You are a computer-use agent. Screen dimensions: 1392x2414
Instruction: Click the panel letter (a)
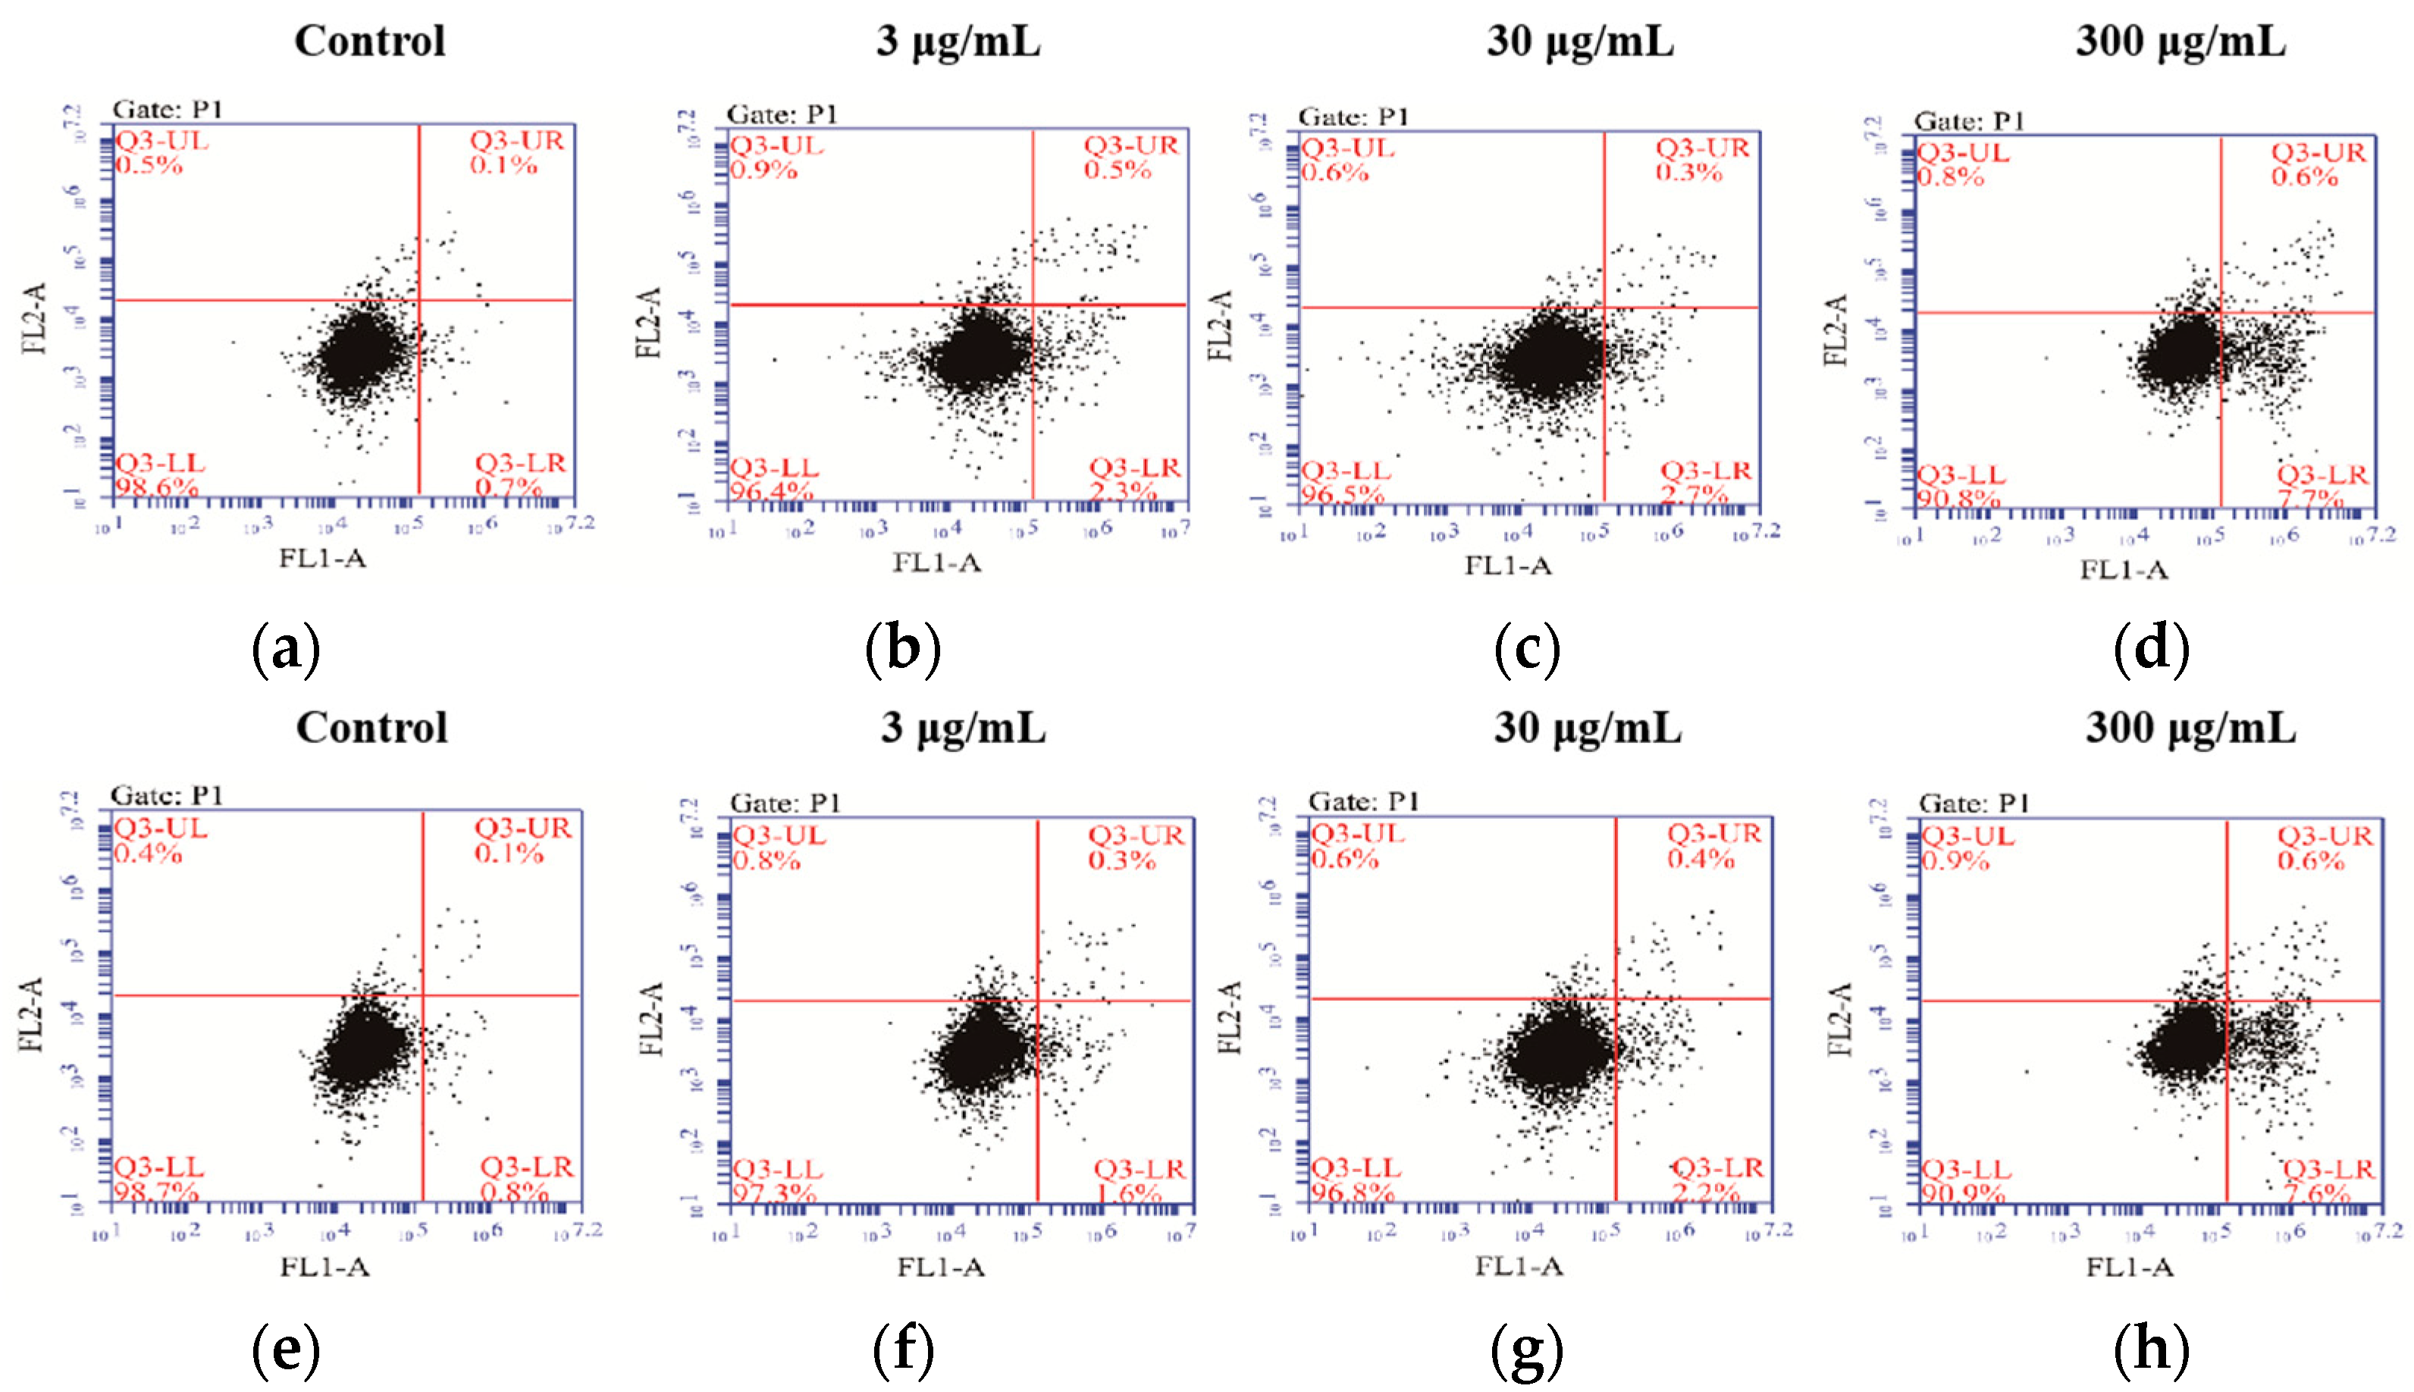[285, 649]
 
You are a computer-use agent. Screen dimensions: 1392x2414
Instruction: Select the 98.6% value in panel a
[157, 488]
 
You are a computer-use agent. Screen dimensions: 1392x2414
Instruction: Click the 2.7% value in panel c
[1693, 495]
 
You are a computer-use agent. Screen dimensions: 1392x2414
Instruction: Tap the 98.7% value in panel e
[157, 1192]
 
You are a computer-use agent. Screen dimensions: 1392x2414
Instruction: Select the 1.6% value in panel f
[1128, 1194]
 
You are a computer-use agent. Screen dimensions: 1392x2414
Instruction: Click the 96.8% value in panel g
[1353, 1192]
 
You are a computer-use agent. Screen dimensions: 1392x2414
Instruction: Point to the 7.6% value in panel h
[2316, 1193]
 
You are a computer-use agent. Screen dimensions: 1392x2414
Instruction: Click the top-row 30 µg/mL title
[1579, 41]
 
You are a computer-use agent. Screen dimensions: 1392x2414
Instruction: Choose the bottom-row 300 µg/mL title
[2190, 728]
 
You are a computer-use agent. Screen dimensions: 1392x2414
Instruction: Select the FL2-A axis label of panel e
[32, 1014]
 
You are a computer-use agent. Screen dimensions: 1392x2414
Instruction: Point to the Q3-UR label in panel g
[1714, 834]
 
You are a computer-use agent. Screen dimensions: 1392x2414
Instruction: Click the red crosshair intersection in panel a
[419, 300]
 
